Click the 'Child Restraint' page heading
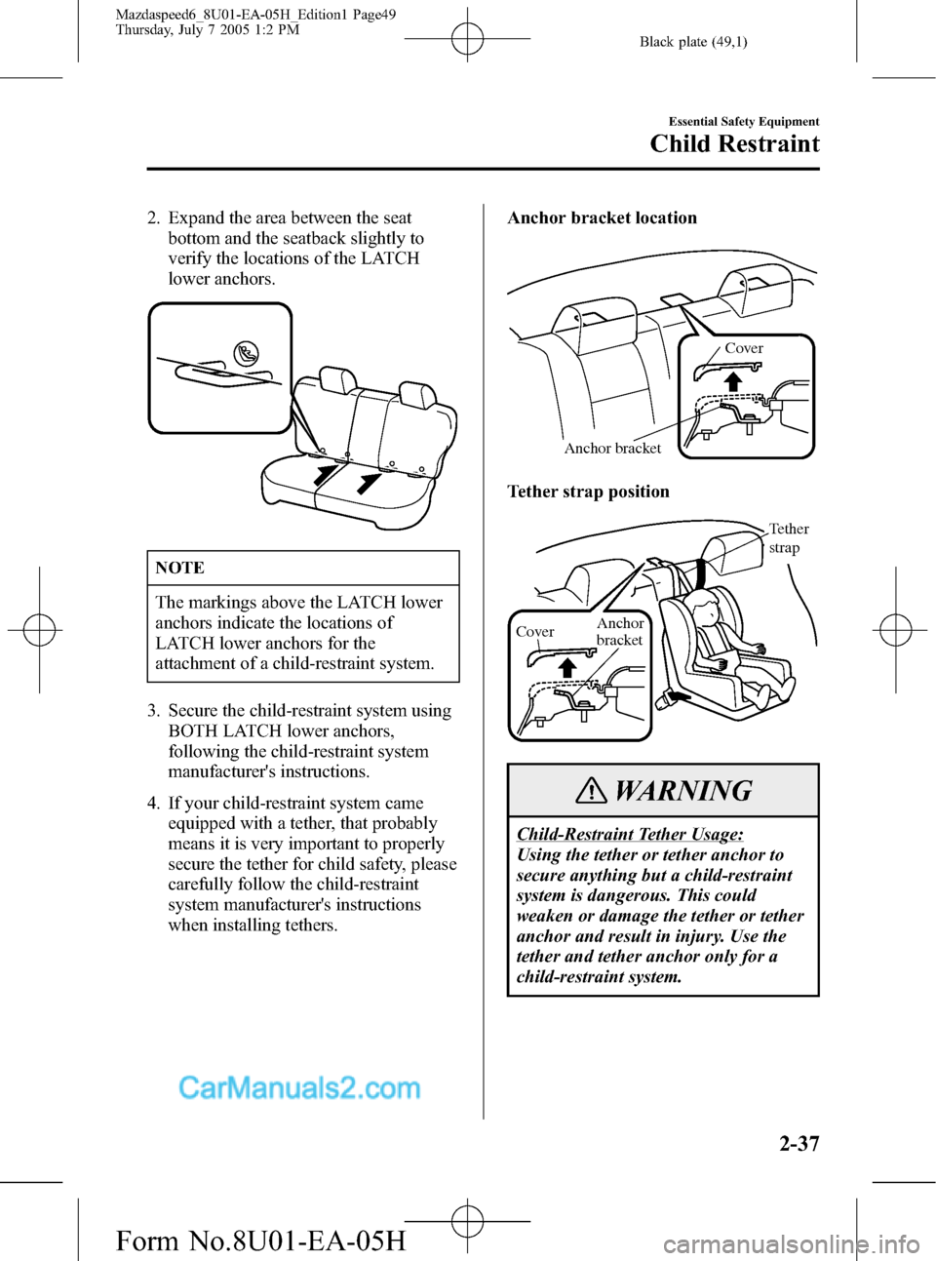pos(734,144)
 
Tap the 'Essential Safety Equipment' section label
pos(743,122)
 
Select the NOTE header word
pos(179,568)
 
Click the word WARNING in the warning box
pos(682,791)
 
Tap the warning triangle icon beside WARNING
pos(591,790)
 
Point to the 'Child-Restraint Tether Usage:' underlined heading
pos(630,834)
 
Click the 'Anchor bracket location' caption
pos(602,218)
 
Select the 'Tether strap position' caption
pos(588,492)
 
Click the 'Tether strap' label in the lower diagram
pos(788,538)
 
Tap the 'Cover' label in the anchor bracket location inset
pos(743,348)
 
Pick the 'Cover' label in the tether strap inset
pos(534,632)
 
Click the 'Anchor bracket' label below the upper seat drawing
pos(612,449)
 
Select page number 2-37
pos(799,1143)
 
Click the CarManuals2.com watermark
pos(299,1087)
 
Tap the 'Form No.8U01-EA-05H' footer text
pos(259,1241)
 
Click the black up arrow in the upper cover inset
pos(732,379)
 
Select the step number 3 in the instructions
pos(153,711)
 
